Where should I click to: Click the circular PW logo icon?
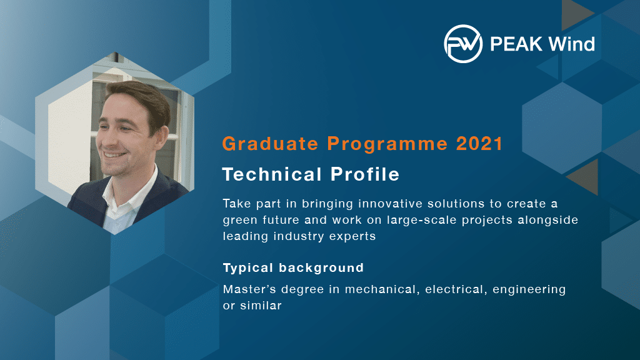463,44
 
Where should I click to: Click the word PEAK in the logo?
516,44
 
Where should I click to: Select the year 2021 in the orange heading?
479,144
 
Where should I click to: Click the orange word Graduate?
270,144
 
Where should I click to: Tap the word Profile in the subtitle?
365,174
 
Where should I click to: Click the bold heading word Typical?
247,268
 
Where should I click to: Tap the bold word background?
322,267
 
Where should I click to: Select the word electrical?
456,289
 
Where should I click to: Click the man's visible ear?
162,137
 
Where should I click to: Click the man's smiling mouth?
115,155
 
